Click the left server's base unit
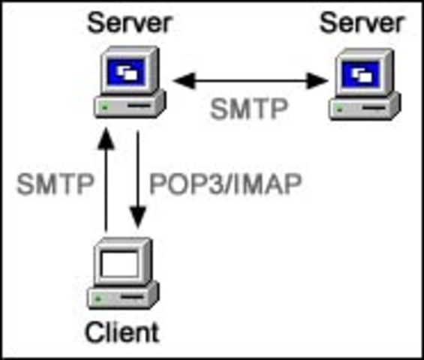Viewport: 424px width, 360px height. tap(128, 107)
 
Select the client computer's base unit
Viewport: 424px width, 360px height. tap(122, 298)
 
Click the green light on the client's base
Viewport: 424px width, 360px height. tap(98, 299)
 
